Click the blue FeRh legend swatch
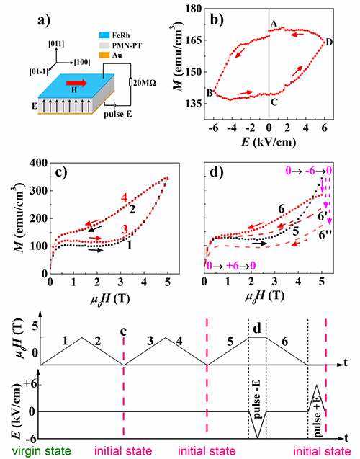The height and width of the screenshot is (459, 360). pos(104,35)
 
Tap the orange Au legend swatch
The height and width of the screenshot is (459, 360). pos(104,55)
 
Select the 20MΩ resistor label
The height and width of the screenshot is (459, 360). pos(145,83)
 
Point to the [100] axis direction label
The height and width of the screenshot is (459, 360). pos(82,63)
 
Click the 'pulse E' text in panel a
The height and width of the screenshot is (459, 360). pos(118,114)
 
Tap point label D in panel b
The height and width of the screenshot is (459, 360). pos(329,43)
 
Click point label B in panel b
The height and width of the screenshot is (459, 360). pos(210,93)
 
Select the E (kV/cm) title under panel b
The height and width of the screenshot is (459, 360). pos(269,142)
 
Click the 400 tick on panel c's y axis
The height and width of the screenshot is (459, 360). pos(39,163)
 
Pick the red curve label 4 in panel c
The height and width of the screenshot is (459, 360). pos(125,198)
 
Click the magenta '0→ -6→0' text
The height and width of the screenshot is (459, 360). pos(309,171)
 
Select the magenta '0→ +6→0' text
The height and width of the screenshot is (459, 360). pos(231,266)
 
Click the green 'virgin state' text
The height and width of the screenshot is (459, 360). pos(41,451)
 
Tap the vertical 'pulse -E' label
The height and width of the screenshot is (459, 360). pos(258,401)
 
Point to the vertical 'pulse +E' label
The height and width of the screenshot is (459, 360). pos(318,418)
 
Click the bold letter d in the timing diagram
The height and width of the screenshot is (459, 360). pos(257,329)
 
